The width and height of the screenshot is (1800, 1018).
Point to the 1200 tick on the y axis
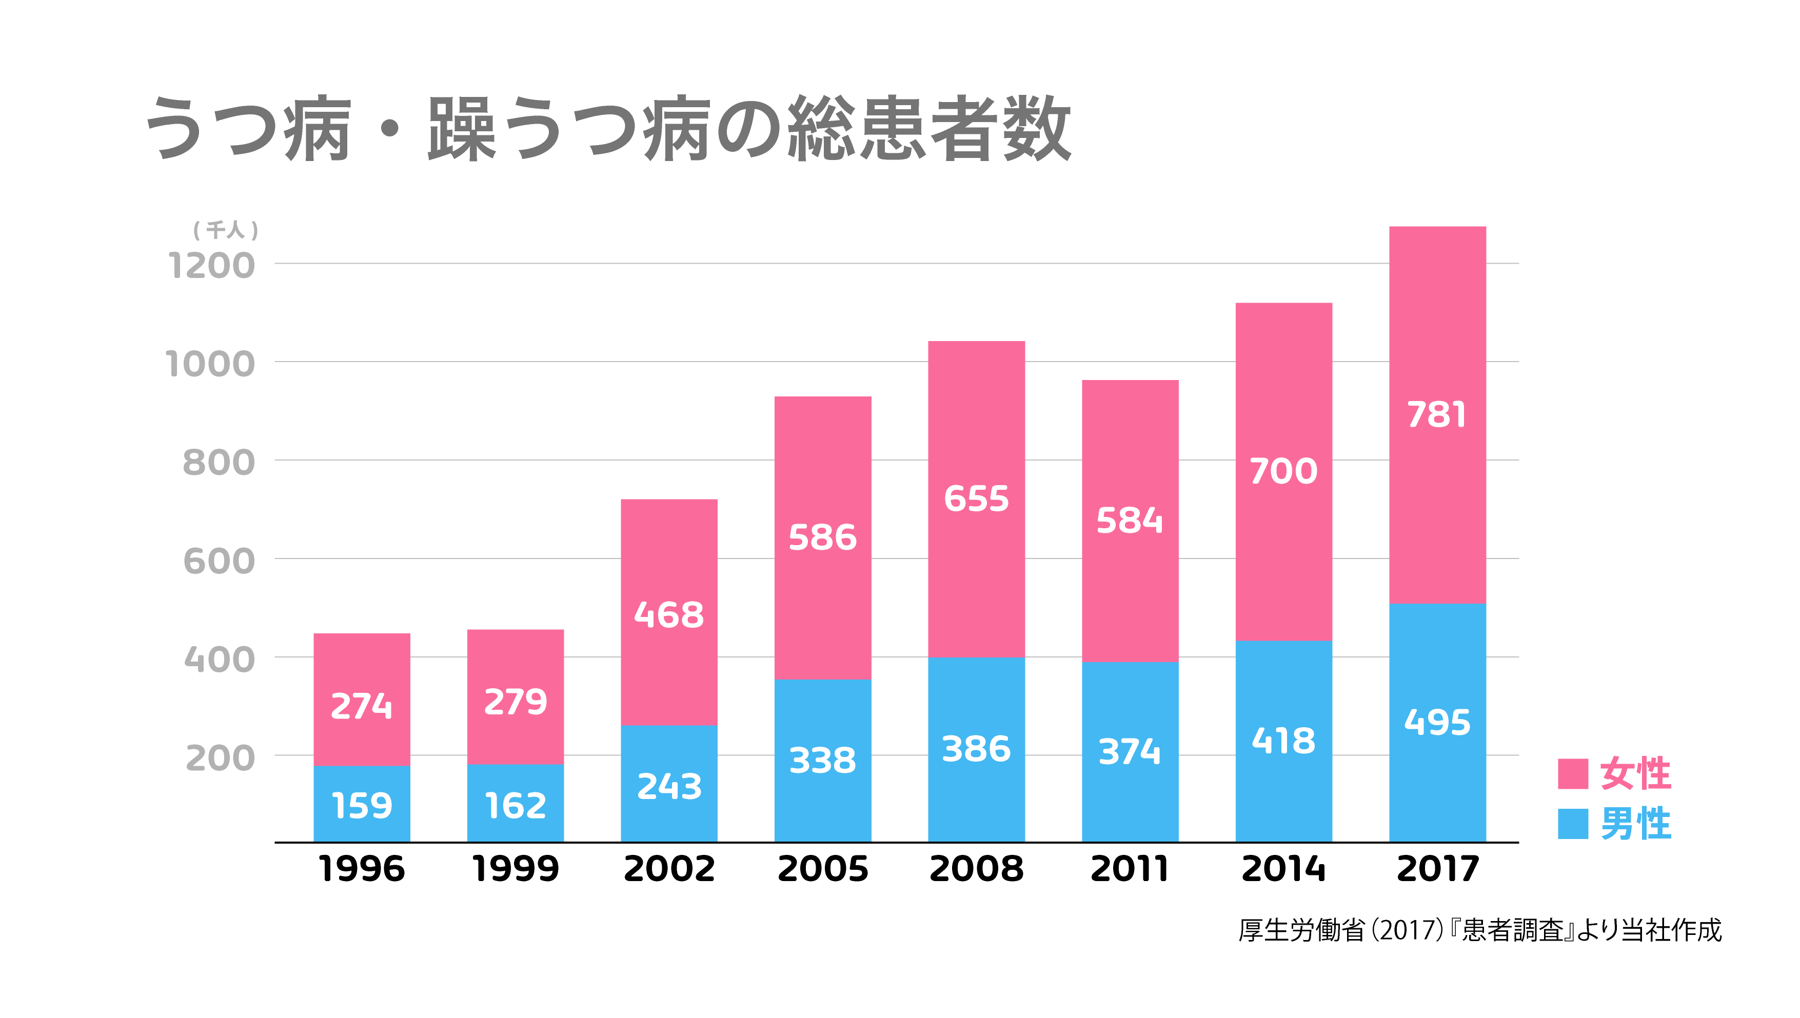[x=211, y=266]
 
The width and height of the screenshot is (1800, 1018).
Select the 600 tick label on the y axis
[x=219, y=562]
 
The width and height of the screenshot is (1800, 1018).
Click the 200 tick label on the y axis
[x=220, y=758]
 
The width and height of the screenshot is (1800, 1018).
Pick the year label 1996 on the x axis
[x=362, y=869]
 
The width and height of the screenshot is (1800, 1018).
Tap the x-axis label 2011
[x=1130, y=869]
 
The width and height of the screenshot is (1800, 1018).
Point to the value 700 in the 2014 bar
[x=1283, y=471]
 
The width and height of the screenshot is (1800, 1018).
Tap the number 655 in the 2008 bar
[x=976, y=498]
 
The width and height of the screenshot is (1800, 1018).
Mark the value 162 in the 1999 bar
[x=516, y=806]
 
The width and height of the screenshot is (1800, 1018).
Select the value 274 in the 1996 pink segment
[x=362, y=706]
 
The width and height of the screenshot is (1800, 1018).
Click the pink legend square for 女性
[x=1573, y=773]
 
